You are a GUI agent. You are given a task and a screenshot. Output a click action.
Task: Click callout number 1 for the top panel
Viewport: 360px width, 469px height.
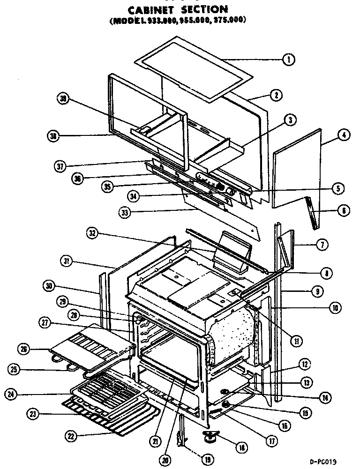coord(289,60)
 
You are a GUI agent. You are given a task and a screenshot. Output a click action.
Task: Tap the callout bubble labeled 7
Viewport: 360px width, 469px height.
coord(324,244)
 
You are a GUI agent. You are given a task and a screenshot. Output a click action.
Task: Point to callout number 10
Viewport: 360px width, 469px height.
coord(335,308)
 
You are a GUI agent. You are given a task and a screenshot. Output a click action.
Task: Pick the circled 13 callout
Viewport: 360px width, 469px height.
coord(307,383)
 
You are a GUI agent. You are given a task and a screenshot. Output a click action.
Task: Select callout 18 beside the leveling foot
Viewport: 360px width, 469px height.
coord(242,448)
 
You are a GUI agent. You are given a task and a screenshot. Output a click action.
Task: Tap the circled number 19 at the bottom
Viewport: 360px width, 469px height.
coord(206,459)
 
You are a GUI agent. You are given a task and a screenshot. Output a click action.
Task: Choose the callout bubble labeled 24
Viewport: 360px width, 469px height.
coord(10,395)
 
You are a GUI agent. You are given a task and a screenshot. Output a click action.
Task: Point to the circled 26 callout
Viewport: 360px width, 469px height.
coord(23,348)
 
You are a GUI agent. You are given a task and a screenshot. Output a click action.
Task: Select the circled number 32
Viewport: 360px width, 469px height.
coord(92,233)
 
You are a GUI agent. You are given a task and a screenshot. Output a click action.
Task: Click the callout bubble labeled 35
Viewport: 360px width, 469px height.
coord(108,186)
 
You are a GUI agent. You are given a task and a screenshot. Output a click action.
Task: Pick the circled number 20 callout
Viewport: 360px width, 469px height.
coord(165,460)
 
